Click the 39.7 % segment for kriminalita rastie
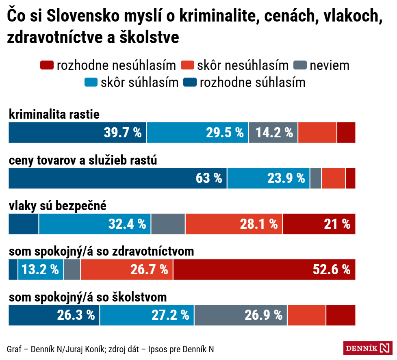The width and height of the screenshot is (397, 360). [77, 132]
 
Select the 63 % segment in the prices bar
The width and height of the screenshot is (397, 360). [118, 178]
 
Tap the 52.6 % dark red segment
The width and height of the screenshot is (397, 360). [264, 269]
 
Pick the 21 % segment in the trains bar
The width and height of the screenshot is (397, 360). [319, 224]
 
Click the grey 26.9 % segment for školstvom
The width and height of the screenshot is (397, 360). [241, 315]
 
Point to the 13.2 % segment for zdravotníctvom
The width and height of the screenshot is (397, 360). [41, 269]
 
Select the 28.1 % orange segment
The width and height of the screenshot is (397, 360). [234, 224]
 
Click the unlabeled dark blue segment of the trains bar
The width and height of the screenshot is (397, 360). [24, 224]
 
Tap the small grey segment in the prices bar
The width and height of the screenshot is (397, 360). [315, 178]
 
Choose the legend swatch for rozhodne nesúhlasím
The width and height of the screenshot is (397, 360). [47, 65]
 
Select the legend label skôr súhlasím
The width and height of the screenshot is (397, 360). [139, 82]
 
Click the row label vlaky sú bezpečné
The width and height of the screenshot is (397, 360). [58, 206]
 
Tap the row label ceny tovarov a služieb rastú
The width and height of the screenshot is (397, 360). [83, 160]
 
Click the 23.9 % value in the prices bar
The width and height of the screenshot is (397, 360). [286, 178]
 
